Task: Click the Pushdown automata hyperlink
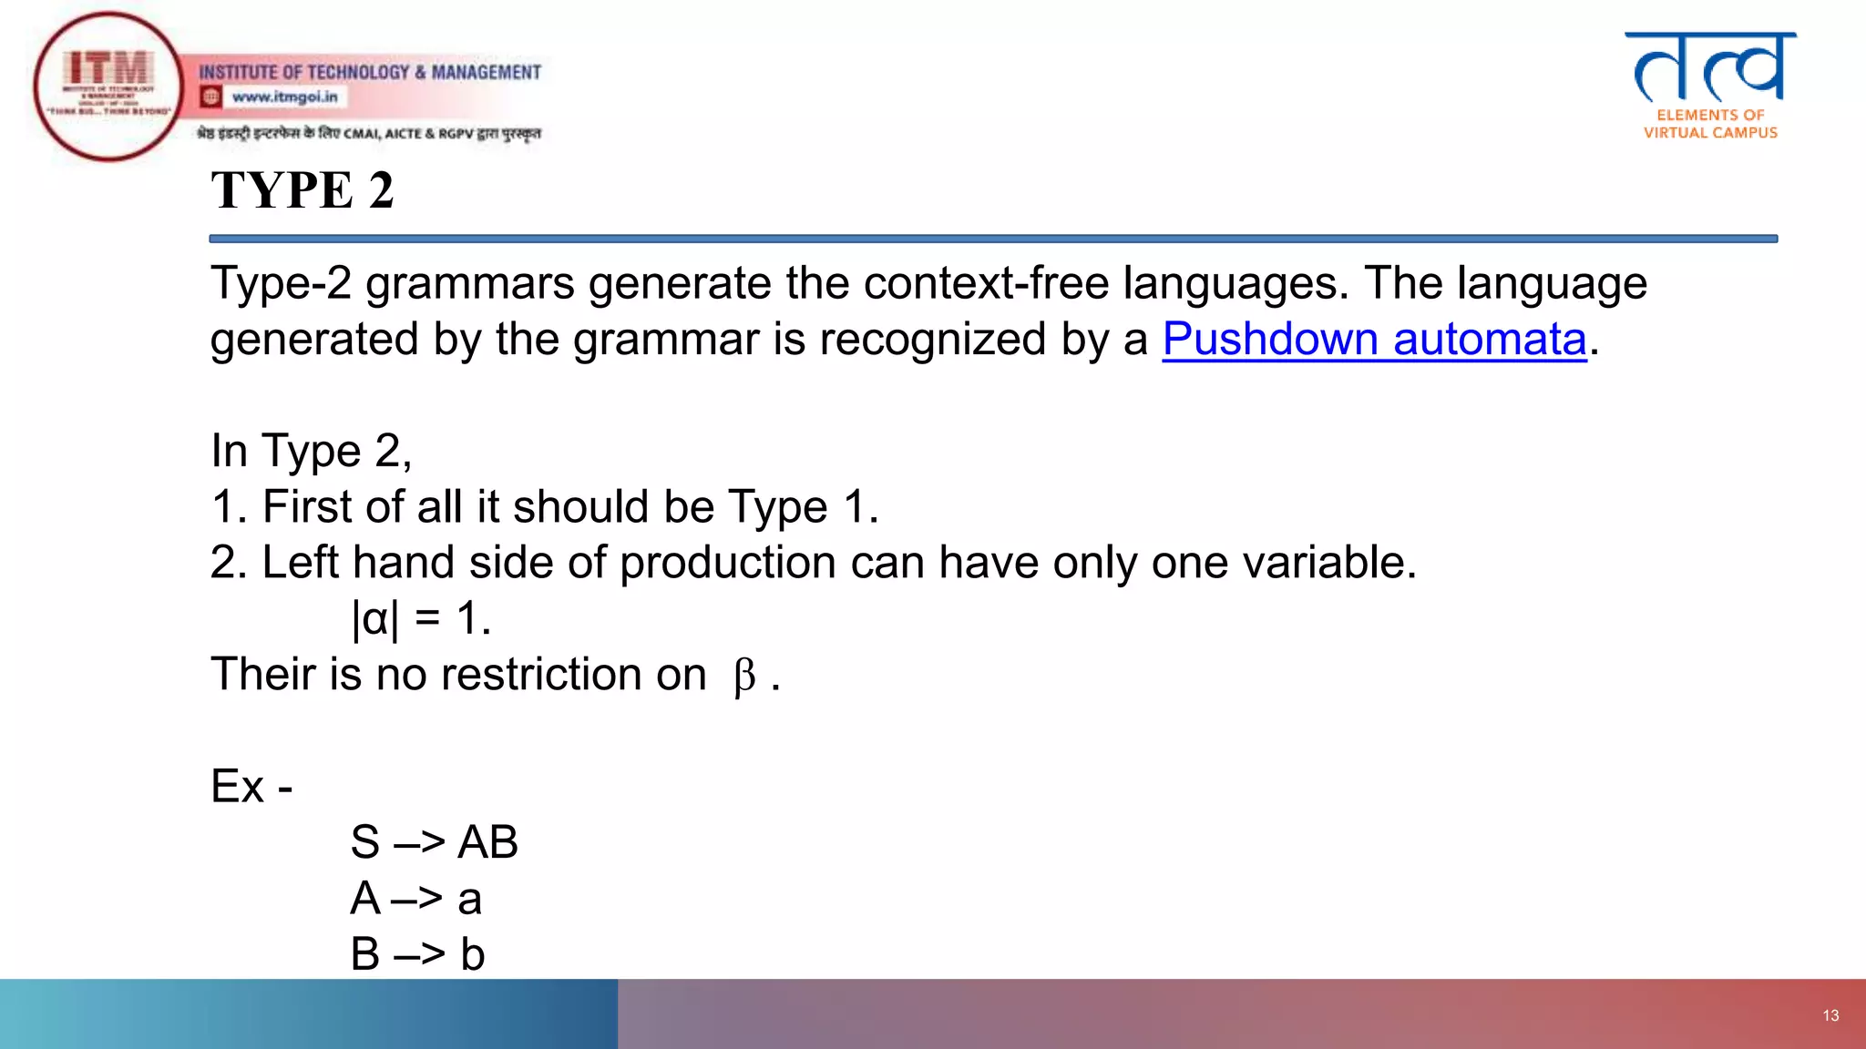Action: (x=1374, y=340)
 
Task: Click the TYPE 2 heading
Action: (x=302, y=190)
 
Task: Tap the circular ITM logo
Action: (x=108, y=87)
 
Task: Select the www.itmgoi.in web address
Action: (x=284, y=97)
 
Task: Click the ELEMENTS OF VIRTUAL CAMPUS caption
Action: (x=1710, y=124)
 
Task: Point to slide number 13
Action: (x=1830, y=1015)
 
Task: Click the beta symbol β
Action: (x=744, y=677)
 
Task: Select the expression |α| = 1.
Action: (x=421, y=619)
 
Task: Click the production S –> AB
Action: (x=434, y=842)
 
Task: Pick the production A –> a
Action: (x=416, y=899)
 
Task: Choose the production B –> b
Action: (x=417, y=954)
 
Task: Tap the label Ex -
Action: (x=251, y=786)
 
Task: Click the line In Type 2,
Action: (x=311, y=451)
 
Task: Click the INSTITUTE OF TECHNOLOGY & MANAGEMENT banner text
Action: (x=370, y=72)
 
